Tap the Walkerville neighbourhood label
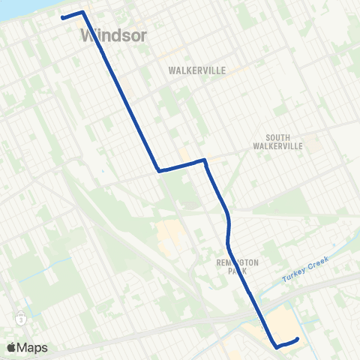(x=198, y=70)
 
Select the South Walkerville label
(x=283, y=142)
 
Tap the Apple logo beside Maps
(x=13, y=347)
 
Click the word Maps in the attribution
(x=34, y=347)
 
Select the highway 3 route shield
(x=22, y=318)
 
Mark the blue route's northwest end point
(x=61, y=17)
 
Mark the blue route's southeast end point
(x=298, y=339)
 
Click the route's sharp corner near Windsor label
(x=82, y=12)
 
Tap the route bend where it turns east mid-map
(x=159, y=171)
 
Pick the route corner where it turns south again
(x=204, y=160)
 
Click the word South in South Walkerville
(x=283, y=137)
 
